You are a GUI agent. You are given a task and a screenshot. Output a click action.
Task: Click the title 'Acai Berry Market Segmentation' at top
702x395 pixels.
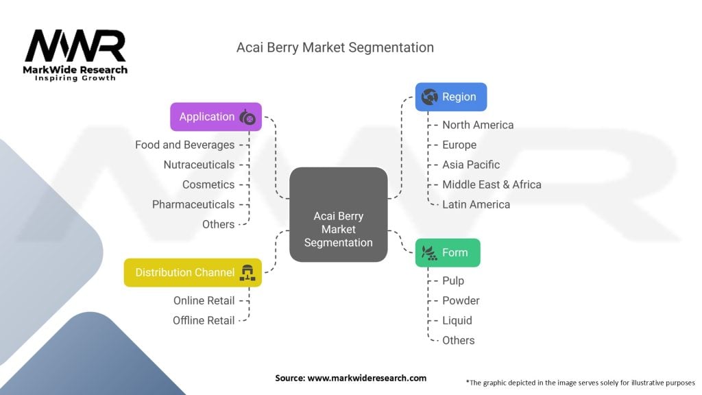[x=335, y=47]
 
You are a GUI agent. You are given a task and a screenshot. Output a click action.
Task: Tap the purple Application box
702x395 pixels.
[x=216, y=117]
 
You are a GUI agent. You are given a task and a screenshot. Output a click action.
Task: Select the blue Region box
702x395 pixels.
[x=451, y=97]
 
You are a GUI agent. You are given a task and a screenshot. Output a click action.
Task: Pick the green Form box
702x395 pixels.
[x=448, y=252]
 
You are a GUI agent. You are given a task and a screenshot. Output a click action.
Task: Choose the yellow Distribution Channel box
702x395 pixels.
[x=193, y=272]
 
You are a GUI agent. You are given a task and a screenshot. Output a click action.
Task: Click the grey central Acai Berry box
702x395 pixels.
[x=339, y=215]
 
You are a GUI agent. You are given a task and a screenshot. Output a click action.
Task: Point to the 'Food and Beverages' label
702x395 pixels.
[x=184, y=145]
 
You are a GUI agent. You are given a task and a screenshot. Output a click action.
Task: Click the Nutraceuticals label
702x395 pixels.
[x=199, y=165]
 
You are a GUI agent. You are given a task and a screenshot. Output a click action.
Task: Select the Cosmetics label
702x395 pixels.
[x=208, y=184]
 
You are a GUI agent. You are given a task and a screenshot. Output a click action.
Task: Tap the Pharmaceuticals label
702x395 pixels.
[x=193, y=204]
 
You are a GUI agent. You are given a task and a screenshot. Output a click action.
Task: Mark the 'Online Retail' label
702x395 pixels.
[x=204, y=300]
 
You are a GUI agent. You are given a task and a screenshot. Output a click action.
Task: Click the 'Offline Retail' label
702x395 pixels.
[x=204, y=320]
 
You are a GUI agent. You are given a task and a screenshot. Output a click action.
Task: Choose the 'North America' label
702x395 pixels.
[x=478, y=125]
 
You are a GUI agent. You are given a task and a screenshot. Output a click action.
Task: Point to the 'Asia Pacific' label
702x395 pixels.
[x=471, y=165]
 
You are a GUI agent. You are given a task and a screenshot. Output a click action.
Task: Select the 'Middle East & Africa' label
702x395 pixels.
[x=492, y=184]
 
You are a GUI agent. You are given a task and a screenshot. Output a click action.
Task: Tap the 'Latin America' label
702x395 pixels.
[x=476, y=204]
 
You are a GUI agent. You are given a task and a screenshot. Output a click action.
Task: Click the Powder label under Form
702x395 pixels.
[x=461, y=300]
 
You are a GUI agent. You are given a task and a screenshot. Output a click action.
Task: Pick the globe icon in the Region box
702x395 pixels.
[x=430, y=97]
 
